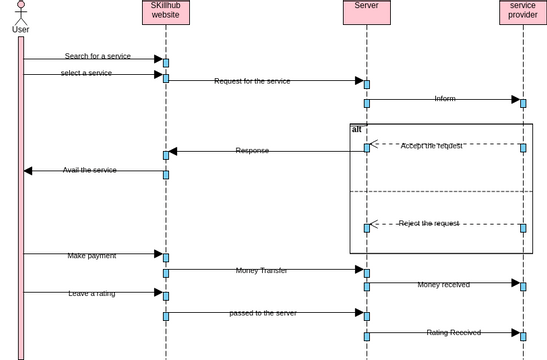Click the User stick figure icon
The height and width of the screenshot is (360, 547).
click(20, 12)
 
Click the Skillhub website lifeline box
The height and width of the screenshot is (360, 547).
click(165, 11)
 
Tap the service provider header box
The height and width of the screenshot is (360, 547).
click(522, 11)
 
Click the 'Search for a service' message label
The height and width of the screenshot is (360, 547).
click(97, 56)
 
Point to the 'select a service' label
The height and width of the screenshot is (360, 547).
click(86, 73)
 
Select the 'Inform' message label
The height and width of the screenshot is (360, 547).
click(445, 99)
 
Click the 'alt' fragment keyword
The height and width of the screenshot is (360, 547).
click(357, 130)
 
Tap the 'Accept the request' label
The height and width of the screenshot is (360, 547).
click(431, 146)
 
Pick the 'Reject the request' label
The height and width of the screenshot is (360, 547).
click(428, 223)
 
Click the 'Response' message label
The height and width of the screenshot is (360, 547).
click(252, 151)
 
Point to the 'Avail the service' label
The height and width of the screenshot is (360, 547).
click(89, 170)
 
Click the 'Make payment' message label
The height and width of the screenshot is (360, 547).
click(92, 256)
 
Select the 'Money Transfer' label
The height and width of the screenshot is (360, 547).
click(261, 270)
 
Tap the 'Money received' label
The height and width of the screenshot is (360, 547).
click(443, 285)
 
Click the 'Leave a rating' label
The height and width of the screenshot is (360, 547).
click(92, 294)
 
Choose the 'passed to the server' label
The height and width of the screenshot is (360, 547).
click(262, 313)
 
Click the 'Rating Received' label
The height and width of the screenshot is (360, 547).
click(453, 332)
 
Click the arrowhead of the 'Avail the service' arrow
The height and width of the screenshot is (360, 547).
click(28, 171)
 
